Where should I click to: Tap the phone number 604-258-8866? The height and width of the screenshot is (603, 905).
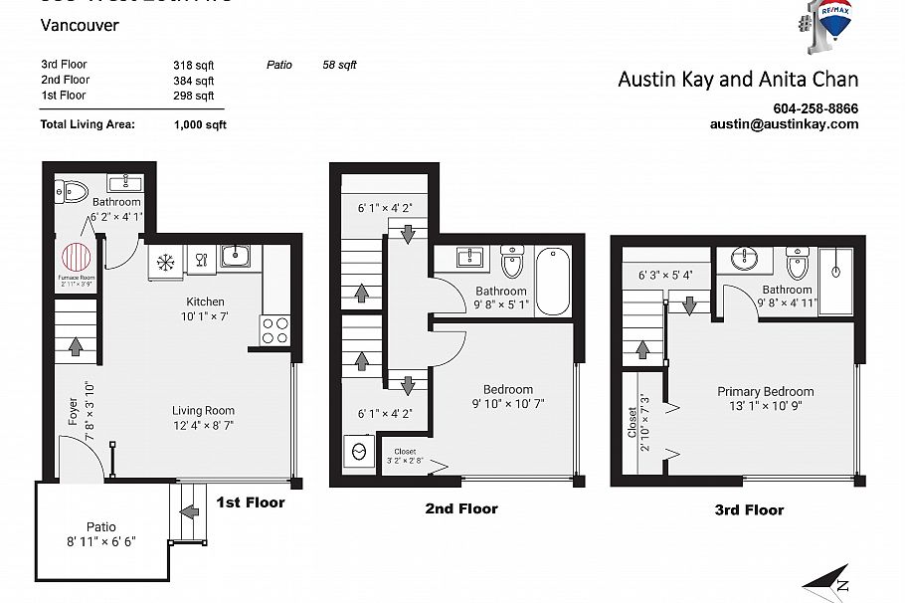[x=815, y=108]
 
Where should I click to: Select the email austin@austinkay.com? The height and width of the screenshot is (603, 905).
[x=784, y=124]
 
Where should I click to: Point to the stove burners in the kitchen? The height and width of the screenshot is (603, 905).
[x=275, y=330]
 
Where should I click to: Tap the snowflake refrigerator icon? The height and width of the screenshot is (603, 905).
[x=165, y=263]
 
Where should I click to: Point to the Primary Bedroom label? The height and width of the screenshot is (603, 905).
[x=765, y=392]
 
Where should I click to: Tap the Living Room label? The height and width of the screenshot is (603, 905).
[x=203, y=410]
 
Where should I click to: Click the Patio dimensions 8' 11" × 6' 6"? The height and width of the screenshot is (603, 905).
[x=100, y=542]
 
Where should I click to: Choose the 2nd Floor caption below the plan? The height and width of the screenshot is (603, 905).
[x=460, y=508]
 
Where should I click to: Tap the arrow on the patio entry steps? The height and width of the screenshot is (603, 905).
[x=186, y=512]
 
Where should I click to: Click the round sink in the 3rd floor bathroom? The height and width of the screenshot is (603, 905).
[x=744, y=260]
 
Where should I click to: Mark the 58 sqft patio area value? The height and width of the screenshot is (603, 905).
[x=339, y=65]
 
